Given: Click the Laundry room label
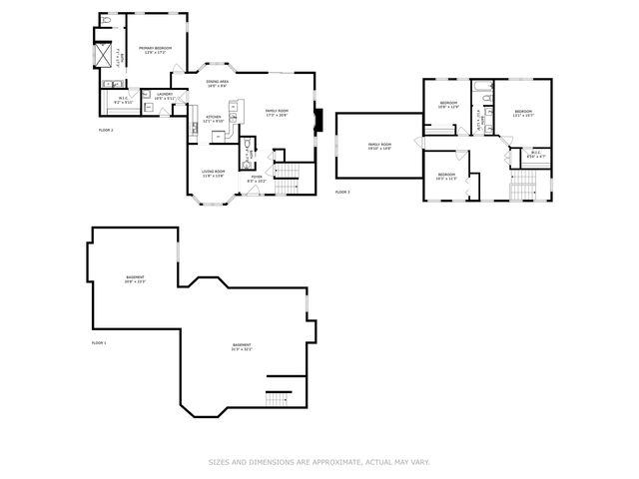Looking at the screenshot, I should click(x=165, y=94).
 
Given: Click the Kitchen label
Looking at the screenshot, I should click(x=213, y=117).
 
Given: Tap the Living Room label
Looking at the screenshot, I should click(x=213, y=172).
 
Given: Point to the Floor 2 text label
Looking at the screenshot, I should click(x=106, y=131).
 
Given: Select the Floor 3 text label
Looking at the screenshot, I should click(x=342, y=191).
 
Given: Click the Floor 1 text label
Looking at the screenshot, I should click(x=99, y=342).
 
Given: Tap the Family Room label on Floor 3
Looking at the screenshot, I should click(x=379, y=145).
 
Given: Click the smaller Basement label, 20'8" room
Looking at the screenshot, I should click(x=135, y=276).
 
